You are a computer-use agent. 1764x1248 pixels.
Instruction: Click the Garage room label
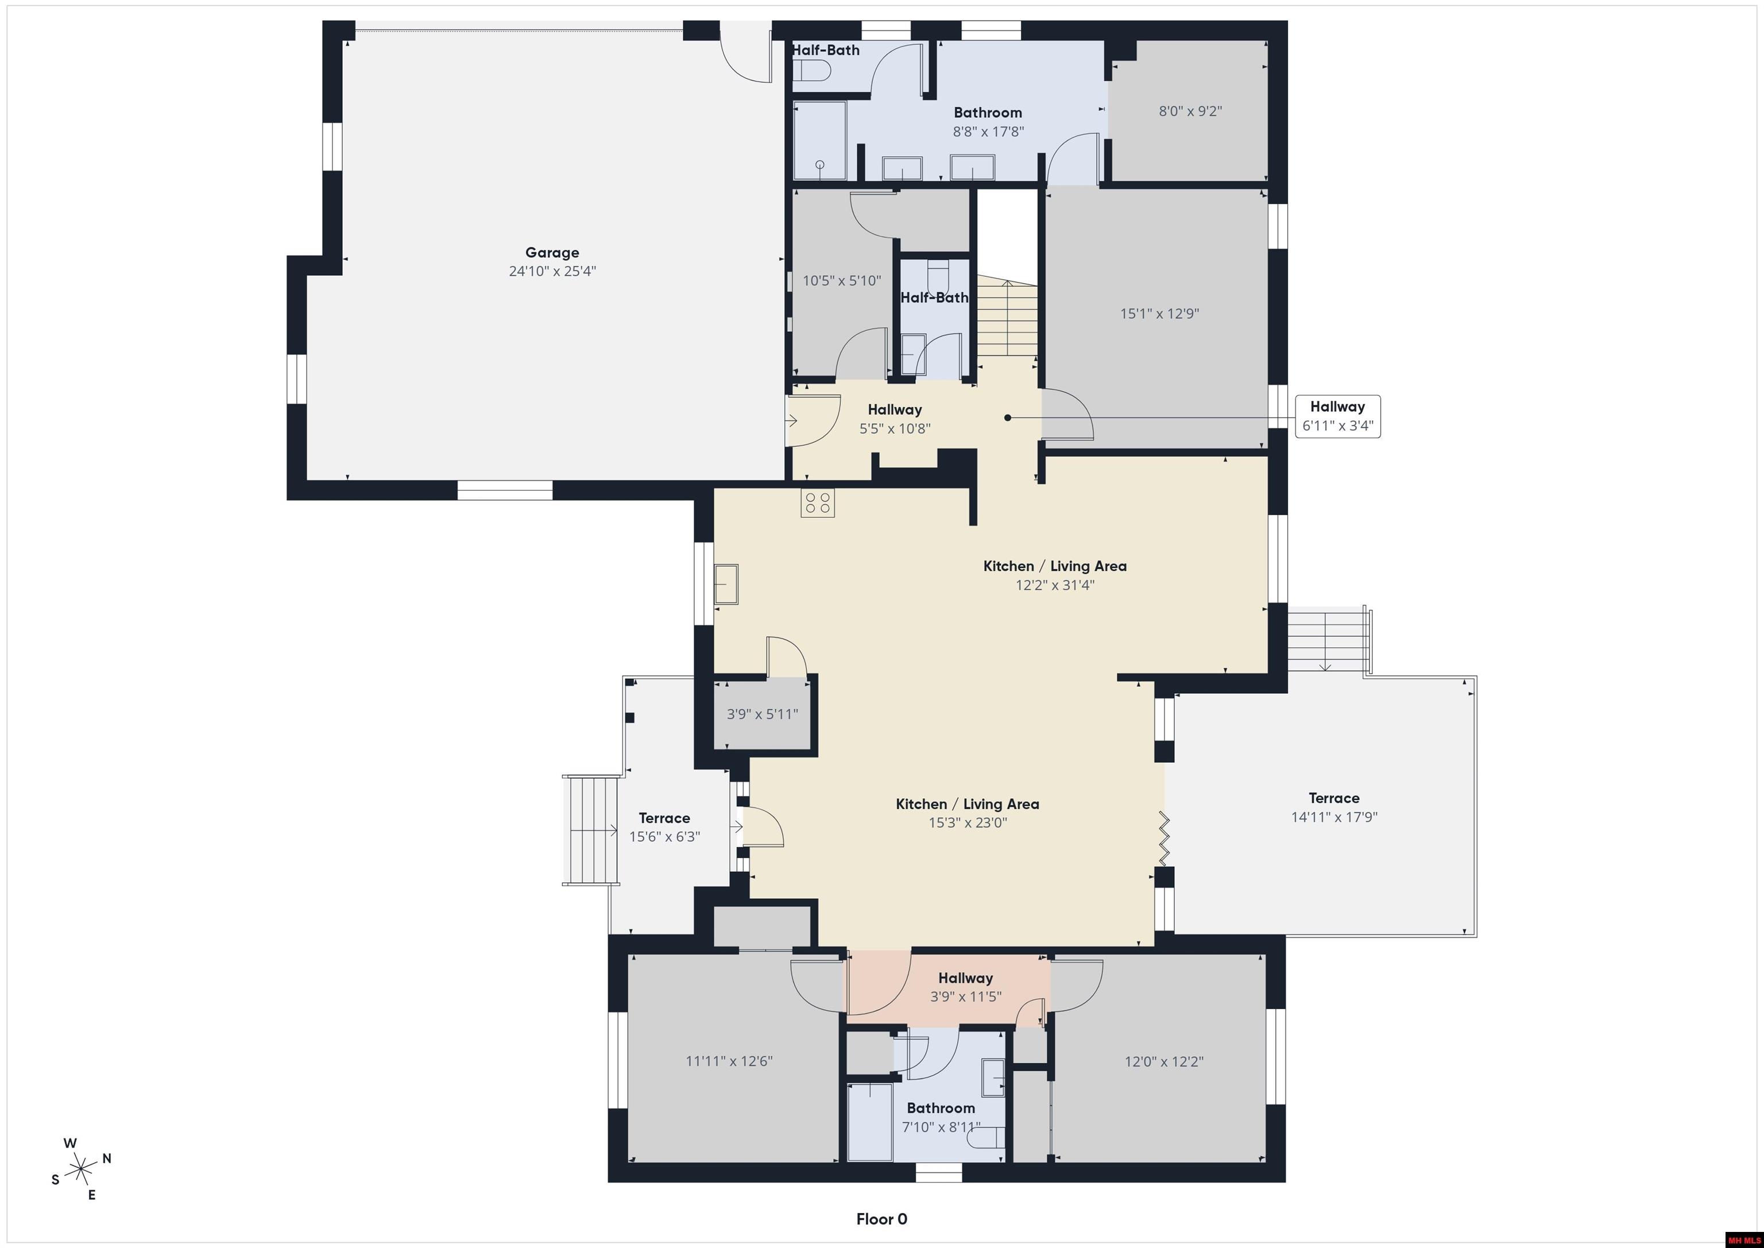tap(552, 252)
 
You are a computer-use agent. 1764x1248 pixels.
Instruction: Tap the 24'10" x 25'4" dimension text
tap(552, 271)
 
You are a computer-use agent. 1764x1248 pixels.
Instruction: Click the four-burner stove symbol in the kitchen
tap(818, 503)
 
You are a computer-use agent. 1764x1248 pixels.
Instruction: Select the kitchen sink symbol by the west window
tap(726, 585)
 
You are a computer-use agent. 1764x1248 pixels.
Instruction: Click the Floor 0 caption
tap(882, 1219)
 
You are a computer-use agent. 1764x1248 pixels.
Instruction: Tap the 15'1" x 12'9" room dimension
tap(1159, 314)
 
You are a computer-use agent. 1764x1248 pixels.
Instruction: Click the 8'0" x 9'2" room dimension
tap(1190, 111)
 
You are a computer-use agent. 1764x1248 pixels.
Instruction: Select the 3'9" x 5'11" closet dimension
tap(762, 714)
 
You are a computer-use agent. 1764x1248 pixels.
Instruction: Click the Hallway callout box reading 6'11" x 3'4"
tap(1337, 416)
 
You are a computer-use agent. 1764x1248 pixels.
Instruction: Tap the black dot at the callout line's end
tap(1008, 418)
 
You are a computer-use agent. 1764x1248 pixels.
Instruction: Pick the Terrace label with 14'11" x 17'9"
tap(1334, 807)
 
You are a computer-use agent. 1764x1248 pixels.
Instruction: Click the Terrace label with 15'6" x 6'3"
tap(664, 828)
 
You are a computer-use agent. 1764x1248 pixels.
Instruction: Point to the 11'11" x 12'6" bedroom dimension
tap(729, 1061)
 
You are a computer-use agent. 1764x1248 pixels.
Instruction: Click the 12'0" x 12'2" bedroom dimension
tap(1164, 1061)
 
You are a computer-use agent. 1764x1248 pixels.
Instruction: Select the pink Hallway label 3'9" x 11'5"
tap(966, 987)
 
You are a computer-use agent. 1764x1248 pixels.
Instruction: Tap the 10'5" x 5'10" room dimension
tap(842, 280)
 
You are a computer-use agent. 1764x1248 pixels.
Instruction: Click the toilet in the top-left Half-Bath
tap(811, 71)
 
